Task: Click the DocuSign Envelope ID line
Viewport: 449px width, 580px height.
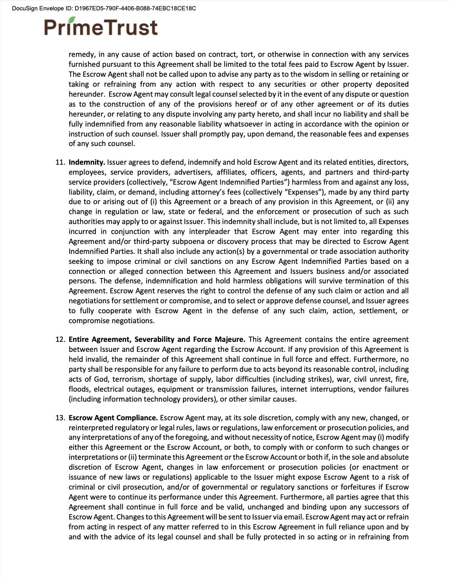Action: click(104, 8)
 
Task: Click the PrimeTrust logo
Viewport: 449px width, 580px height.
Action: click(101, 27)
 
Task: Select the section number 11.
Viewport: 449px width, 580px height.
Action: click(60, 162)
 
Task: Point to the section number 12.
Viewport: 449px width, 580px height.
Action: click(60, 339)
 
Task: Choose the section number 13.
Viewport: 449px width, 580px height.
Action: click(60, 418)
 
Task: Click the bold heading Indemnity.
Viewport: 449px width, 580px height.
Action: click(87, 162)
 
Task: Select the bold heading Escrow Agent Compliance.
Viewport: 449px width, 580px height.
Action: click(113, 418)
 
